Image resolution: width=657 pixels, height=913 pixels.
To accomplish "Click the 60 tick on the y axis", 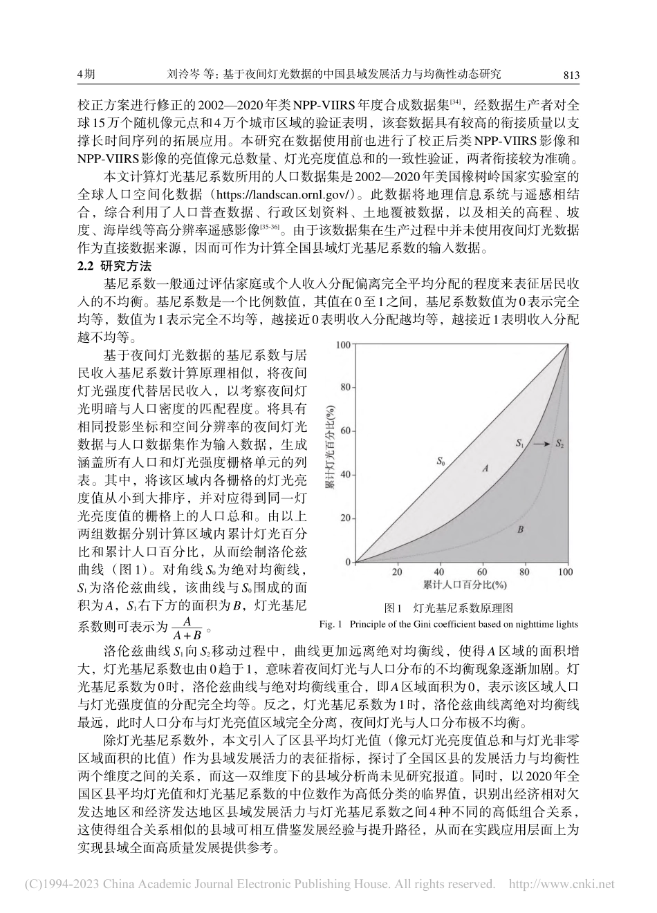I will point(346,431).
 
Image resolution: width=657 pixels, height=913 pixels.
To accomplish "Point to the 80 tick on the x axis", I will point(524,572).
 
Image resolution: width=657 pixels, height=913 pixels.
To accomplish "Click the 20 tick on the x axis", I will point(397,572).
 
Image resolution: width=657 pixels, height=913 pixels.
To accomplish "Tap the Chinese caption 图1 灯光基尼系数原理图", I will point(448,609).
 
